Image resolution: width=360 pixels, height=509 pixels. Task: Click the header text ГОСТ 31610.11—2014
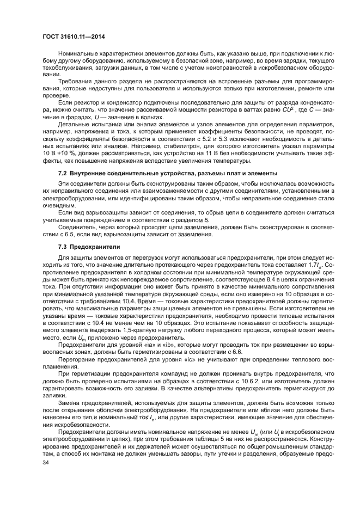[74, 36]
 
